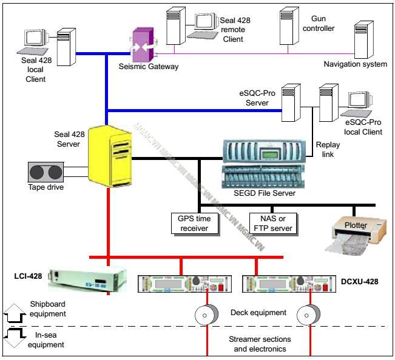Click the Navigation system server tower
pyautogui.click(x=362, y=39)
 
